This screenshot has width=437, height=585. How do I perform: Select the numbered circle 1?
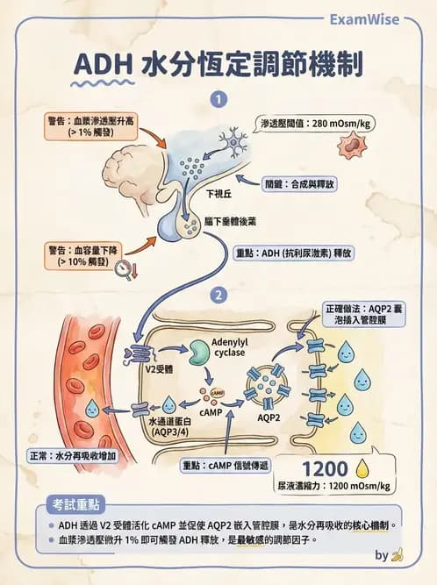pyautogui.click(x=218, y=100)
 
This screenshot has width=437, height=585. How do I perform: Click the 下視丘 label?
pyautogui.click(x=217, y=194)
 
